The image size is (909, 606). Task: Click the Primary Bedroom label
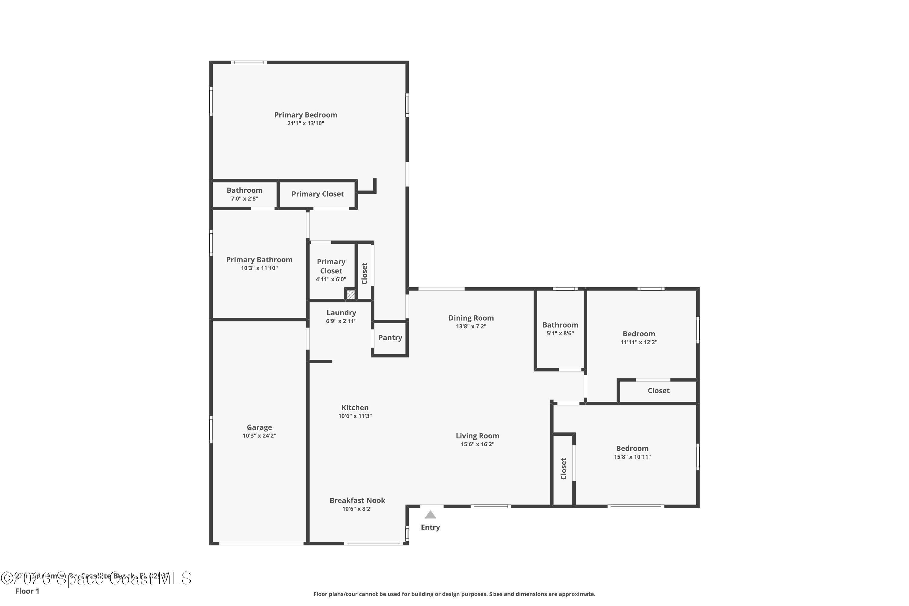(305, 115)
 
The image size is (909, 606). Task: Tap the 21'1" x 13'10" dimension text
(305, 123)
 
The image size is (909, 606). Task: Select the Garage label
(259, 427)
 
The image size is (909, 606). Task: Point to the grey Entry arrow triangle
(430, 515)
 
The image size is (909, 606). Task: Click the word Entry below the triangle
(430, 527)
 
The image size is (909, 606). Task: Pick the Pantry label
(390, 338)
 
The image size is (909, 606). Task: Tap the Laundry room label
(341, 313)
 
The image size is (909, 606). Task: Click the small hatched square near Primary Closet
(351, 295)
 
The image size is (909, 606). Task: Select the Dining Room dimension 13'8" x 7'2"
(471, 326)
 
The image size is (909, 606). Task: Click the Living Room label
(477, 436)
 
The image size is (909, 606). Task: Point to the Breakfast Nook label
(357, 500)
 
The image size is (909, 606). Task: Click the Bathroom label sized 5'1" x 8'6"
(560, 325)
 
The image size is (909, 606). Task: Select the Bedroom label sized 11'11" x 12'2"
(638, 334)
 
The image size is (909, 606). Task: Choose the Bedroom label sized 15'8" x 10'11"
(632, 448)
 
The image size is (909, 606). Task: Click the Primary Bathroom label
(259, 260)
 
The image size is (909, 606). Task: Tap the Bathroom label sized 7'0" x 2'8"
(244, 190)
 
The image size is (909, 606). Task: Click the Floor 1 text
(27, 591)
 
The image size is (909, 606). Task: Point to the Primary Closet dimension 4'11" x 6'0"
(331, 279)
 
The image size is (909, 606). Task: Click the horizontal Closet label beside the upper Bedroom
(658, 390)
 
